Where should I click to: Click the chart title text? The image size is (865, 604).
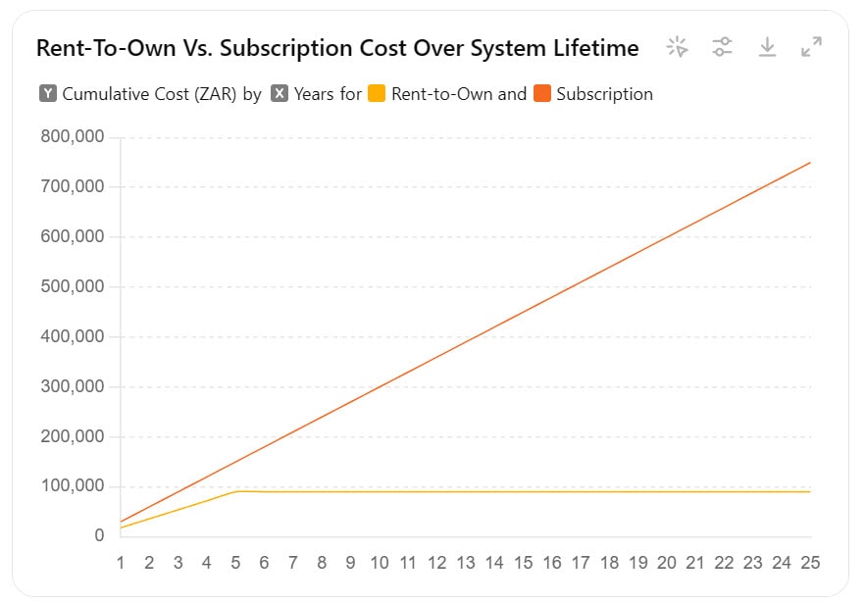(337, 47)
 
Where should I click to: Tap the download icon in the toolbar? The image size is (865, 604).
(767, 47)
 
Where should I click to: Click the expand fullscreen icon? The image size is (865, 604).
(811, 47)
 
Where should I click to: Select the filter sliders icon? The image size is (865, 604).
(722, 47)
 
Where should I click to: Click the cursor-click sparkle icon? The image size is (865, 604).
(677, 47)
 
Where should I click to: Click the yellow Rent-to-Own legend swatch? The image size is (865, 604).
(377, 94)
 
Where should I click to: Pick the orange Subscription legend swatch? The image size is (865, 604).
(541, 94)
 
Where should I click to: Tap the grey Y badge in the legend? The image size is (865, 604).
(48, 94)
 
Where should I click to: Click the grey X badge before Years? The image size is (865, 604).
(280, 94)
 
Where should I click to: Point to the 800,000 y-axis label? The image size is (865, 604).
(73, 137)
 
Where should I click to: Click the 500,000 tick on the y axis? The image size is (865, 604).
(73, 287)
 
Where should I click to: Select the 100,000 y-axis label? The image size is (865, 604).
(73, 486)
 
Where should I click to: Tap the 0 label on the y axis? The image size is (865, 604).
(99, 536)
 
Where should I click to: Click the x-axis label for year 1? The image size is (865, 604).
(121, 563)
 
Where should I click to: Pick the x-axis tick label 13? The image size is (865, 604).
(466, 563)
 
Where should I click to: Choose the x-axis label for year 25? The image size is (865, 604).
(810, 563)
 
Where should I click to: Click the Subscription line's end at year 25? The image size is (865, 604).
(810, 163)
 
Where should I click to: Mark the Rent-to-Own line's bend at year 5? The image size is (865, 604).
(236, 491)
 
